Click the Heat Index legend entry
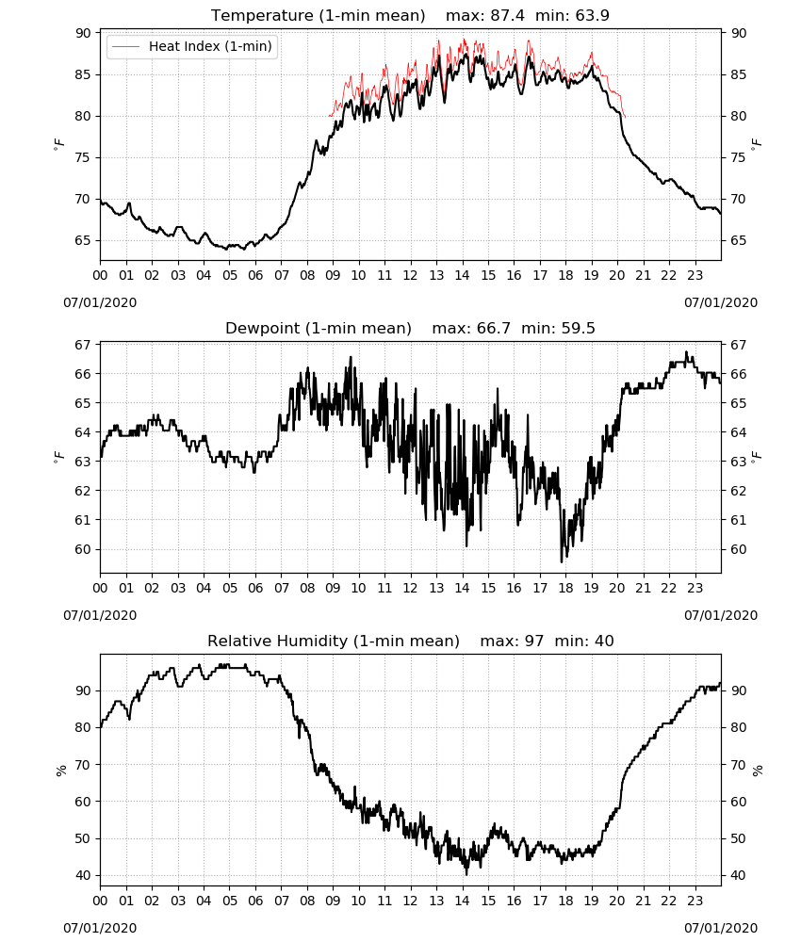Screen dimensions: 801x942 [x=192, y=46]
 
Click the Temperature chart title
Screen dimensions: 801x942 [x=318, y=15]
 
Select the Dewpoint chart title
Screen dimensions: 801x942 [x=319, y=328]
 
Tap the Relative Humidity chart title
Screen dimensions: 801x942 [x=334, y=641]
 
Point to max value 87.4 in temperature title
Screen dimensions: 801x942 [x=507, y=15]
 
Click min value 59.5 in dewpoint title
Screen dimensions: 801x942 [x=578, y=328]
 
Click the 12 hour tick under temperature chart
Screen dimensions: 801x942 [x=411, y=275]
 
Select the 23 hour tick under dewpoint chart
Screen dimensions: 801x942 [x=695, y=588]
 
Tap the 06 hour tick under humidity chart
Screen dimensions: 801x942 [x=255, y=901]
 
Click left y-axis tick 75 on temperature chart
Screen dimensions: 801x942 [x=83, y=157]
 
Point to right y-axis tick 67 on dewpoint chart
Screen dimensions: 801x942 [x=739, y=345]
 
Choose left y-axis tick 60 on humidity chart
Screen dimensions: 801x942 [x=83, y=802]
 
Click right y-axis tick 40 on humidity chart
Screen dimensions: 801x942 [x=739, y=875]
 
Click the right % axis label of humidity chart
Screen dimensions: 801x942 [x=758, y=771]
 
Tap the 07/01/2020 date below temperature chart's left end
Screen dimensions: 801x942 [x=100, y=302]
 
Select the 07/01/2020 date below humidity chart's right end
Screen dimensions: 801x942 [x=721, y=928]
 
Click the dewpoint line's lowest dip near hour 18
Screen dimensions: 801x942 [x=562, y=561]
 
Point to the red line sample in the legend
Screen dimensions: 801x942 [x=126, y=47]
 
